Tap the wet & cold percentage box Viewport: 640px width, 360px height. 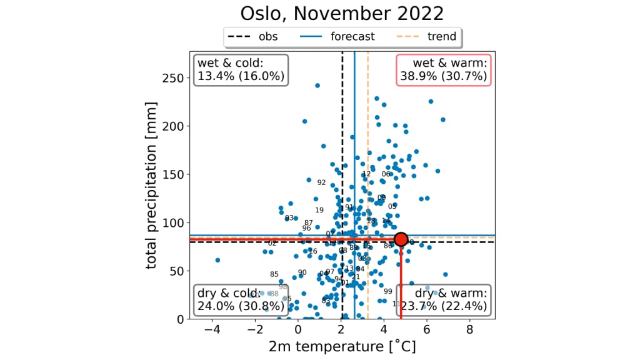pyautogui.click(x=241, y=69)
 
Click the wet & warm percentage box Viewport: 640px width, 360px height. pyautogui.click(x=444, y=69)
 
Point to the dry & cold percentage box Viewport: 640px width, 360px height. pyautogui.click(x=241, y=300)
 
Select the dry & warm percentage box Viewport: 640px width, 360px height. pyautogui.click(x=444, y=300)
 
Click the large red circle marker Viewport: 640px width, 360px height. pyautogui.click(x=401, y=239)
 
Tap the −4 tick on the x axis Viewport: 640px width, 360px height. pyautogui.click(x=212, y=329)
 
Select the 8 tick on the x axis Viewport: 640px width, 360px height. pyautogui.click(x=469, y=329)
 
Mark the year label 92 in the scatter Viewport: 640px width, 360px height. pyautogui.click(x=321, y=182)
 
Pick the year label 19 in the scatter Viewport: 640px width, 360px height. pyautogui.click(x=319, y=210)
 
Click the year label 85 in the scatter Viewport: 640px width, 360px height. pyautogui.click(x=274, y=274)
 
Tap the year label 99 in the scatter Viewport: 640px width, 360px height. pyautogui.click(x=387, y=291)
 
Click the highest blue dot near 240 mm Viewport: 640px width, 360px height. pyautogui.click(x=317, y=86)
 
